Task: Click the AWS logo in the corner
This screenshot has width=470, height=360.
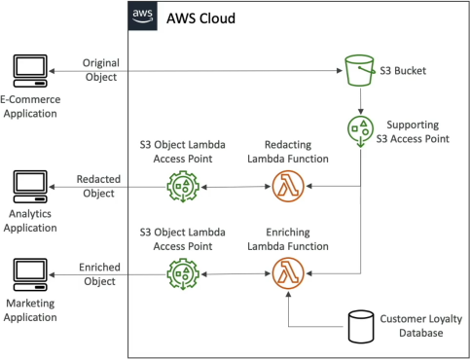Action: coord(143,16)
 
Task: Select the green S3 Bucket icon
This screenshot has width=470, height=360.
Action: coord(360,70)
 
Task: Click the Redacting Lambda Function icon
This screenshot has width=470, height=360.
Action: coord(288,186)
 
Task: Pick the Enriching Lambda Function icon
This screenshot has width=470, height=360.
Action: coord(288,273)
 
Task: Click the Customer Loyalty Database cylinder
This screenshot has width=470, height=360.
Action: coord(361,327)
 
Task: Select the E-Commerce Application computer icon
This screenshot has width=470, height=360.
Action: coord(30,71)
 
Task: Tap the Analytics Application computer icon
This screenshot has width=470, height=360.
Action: coord(30,187)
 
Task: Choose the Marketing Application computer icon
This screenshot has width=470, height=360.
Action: coord(30,274)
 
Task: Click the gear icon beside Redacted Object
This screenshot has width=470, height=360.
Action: coord(183,187)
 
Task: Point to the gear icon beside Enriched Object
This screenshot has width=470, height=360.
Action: coord(183,274)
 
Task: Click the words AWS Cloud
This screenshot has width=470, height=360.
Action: coord(200,18)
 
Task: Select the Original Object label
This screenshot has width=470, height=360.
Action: coord(101,70)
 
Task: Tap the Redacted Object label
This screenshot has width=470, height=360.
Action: coord(98,186)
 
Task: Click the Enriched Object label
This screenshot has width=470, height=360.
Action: coord(99,274)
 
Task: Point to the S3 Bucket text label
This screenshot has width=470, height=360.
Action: coord(403,71)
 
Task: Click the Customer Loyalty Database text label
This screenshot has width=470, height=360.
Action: coord(421,326)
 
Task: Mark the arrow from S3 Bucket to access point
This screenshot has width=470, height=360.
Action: coord(360,101)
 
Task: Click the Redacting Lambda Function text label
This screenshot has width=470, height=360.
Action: coord(288,152)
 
